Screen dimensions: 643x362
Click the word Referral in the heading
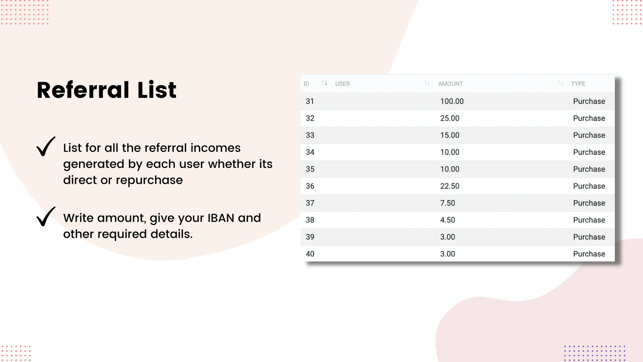(83, 90)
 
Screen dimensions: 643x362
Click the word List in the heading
(157, 90)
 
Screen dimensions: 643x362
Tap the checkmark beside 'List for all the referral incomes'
(46, 146)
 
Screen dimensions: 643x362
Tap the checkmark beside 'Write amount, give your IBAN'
(46, 216)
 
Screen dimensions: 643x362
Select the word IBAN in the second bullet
(221, 218)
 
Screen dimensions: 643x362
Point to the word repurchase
(149, 181)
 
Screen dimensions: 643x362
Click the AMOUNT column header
(451, 84)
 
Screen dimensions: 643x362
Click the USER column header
(342, 84)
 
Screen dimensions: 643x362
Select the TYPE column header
(578, 84)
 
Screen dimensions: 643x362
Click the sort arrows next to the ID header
(325, 83)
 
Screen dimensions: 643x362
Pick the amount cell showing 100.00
(452, 101)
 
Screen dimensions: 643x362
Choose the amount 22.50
(450, 186)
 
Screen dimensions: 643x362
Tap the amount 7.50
(448, 203)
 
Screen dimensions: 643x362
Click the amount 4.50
(448, 220)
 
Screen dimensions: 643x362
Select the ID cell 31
(310, 101)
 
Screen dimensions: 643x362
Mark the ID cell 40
(310, 254)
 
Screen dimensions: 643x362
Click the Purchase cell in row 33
(589, 135)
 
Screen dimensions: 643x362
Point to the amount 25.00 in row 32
(450, 118)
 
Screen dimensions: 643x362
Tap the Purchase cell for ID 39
(589, 237)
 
